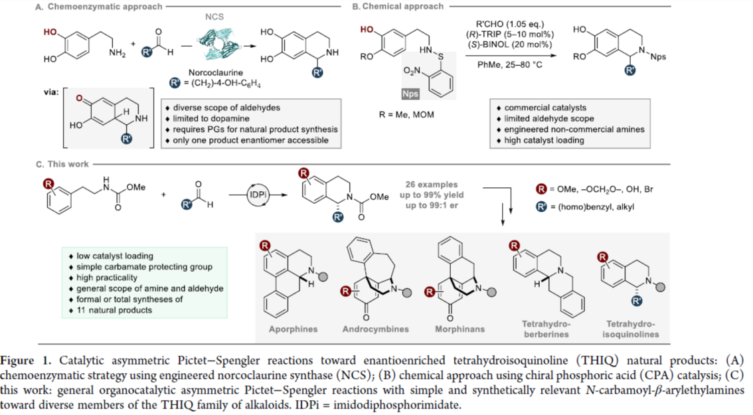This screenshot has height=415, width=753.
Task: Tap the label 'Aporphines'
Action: (294, 329)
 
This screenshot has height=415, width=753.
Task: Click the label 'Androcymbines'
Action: (376, 329)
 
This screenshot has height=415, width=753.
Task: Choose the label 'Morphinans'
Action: (458, 329)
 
